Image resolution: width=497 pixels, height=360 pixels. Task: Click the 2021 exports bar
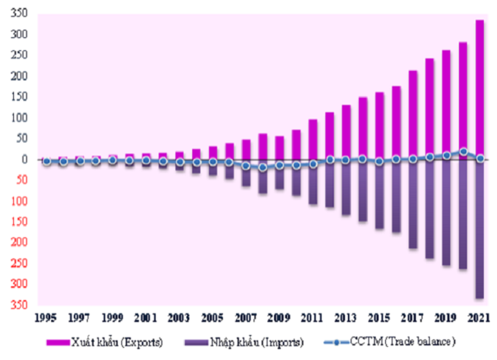coord(479,90)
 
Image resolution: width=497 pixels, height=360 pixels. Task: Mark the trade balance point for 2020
coord(463,152)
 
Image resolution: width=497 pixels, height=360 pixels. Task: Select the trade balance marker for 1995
coord(46,161)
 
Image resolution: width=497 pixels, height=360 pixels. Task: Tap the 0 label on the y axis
coord(24,159)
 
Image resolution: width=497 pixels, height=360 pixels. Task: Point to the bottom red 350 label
coord(19,305)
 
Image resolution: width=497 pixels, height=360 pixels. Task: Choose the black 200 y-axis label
coord(19,76)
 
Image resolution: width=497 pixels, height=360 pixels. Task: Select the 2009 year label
coord(279,318)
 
